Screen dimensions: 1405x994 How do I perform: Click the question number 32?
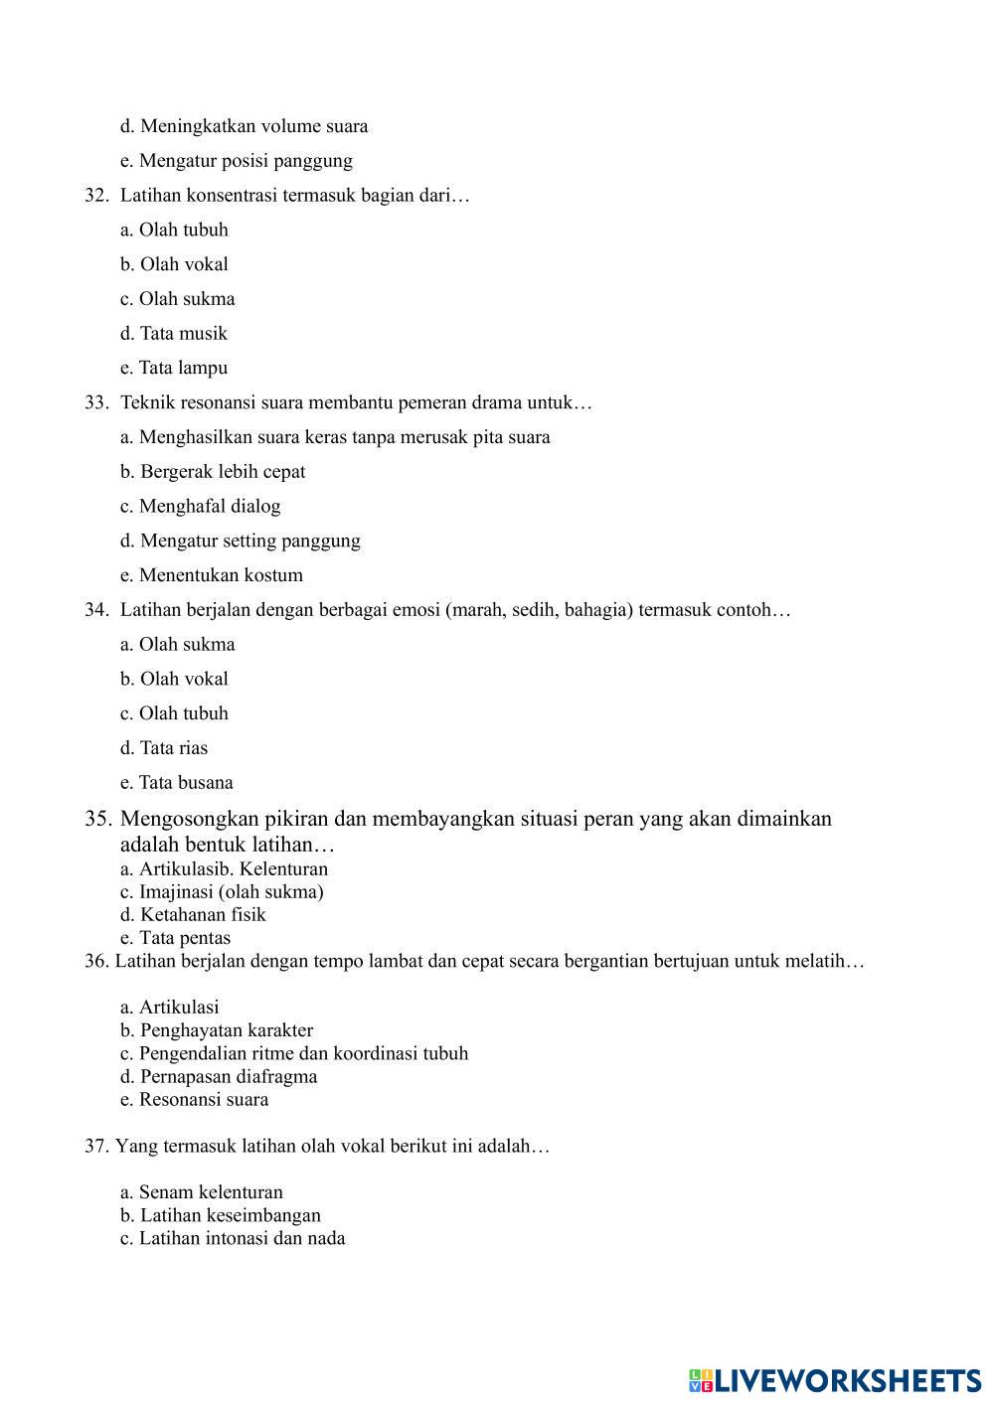click(x=95, y=196)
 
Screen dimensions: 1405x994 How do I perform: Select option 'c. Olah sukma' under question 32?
click(x=178, y=299)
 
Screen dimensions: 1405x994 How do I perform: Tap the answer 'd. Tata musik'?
click(x=174, y=334)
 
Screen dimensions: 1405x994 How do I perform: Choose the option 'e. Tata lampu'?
click(x=174, y=368)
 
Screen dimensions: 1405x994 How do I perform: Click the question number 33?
click(x=95, y=403)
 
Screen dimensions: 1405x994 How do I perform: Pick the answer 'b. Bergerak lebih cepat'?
click(x=213, y=472)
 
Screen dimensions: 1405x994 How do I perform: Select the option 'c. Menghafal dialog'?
click(x=201, y=507)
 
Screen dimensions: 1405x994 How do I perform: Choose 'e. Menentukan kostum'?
click(x=212, y=575)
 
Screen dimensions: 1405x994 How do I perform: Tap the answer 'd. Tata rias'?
click(x=164, y=748)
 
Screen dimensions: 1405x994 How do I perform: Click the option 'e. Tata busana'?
click(x=177, y=783)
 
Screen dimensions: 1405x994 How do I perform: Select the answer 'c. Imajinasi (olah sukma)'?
click(x=222, y=892)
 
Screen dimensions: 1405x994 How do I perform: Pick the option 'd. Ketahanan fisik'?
click(x=193, y=915)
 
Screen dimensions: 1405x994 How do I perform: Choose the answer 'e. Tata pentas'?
click(x=175, y=938)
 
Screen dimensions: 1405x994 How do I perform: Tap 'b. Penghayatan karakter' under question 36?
click(x=217, y=1030)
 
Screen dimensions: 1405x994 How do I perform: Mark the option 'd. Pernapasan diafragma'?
click(x=219, y=1077)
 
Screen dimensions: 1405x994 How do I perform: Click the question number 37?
click(x=95, y=1147)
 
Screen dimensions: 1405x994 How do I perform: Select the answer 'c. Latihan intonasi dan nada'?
click(x=233, y=1239)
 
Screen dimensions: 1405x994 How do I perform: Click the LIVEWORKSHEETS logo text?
click(x=846, y=1380)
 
